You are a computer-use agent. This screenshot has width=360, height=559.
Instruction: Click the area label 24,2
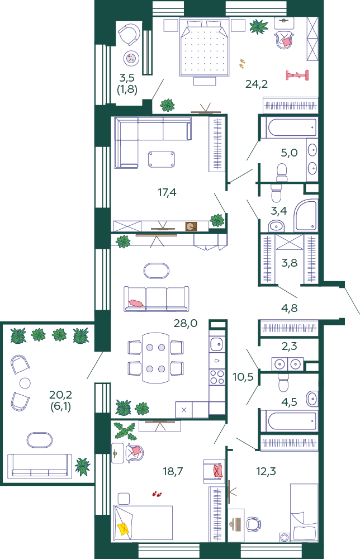click(x=256, y=84)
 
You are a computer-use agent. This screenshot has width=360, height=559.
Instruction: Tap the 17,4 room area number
click(x=167, y=192)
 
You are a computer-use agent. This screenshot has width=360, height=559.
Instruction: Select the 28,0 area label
click(x=186, y=323)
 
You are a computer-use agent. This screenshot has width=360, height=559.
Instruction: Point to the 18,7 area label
click(x=173, y=471)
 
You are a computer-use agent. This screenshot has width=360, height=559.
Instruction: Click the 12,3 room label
click(x=266, y=471)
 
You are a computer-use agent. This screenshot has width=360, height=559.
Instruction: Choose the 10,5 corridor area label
click(x=243, y=376)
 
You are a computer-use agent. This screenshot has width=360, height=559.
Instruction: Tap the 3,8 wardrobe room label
click(x=289, y=263)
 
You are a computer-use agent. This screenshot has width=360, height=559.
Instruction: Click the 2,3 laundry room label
click(x=289, y=346)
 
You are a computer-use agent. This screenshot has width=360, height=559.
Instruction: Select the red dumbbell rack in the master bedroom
click(x=297, y=75)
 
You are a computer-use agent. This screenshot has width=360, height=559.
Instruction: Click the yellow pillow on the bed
click(x=122, y=528)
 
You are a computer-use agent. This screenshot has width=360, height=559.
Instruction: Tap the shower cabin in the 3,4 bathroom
click(x=306, y=215)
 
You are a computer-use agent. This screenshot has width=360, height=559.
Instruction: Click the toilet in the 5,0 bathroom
click(x=282, y=173)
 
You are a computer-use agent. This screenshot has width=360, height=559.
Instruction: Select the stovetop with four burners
click(x=217, y=377)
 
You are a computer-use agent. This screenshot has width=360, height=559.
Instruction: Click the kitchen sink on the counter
click(x=217, y=344)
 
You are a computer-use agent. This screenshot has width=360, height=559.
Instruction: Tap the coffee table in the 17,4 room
click(x=162, y=159)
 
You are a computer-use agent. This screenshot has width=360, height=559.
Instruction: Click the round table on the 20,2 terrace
click(x=25, y=383)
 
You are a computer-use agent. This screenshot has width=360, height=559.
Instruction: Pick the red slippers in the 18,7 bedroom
click(x=157, y=494)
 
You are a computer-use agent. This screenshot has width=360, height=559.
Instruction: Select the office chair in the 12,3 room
click(x=253, y=524)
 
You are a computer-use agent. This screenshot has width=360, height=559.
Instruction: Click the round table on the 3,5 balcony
click(x=131, y=58)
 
